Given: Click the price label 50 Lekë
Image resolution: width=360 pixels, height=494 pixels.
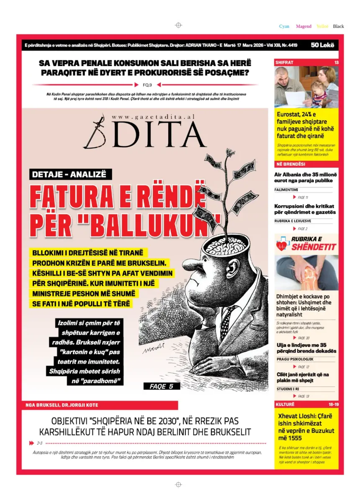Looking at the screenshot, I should point(322,45).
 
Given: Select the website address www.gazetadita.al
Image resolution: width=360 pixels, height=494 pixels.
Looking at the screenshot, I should point(153,117).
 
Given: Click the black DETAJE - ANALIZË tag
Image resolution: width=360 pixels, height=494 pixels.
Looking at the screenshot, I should point(70,174).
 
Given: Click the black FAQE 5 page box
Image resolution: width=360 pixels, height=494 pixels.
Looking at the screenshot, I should point(162,386).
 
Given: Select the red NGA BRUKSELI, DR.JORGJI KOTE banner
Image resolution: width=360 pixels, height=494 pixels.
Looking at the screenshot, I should point(100,405).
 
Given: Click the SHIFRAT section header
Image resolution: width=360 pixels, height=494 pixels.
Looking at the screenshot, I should point(285,62).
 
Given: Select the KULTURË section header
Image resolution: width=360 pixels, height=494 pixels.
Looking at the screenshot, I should point(285,404).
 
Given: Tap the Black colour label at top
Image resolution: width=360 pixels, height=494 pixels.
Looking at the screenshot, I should point(338,26).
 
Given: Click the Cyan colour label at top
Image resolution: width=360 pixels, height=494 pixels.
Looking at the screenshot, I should point(284,26).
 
